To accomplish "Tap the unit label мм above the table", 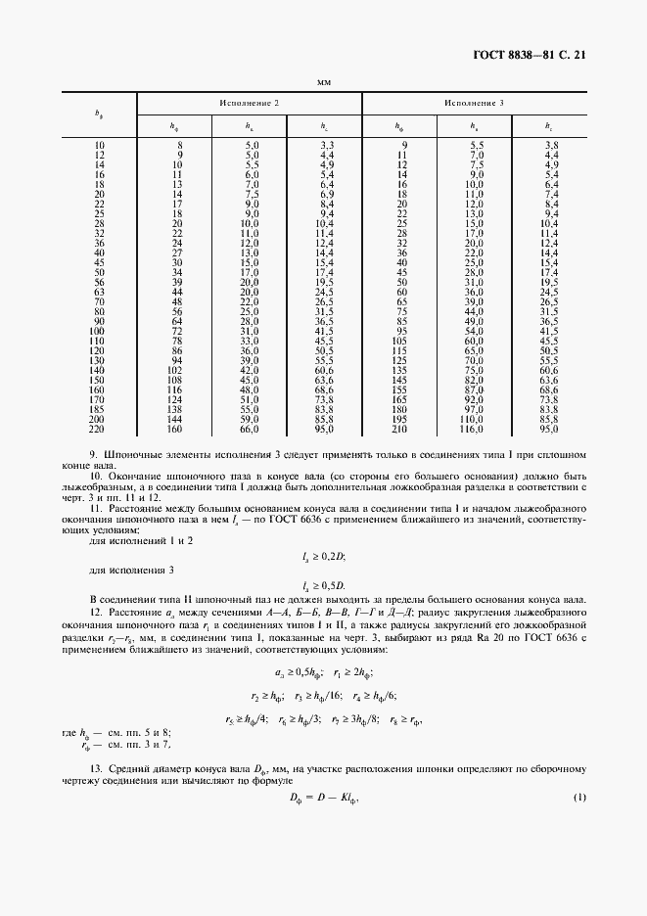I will pyautogui.click(x=323, y=81).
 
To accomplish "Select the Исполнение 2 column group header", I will pyautogui.click(x=249, y=103).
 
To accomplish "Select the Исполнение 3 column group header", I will pyautogui.click(x=474, y=103).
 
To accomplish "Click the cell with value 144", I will pyautogui.click(x=175, y=419).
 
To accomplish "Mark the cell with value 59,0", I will pyautogui.click(x=251, y=419).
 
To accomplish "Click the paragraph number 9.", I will pyautogui.click(x=94, y=456).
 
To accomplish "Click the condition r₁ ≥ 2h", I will pyautogui.click(x=351, y=672).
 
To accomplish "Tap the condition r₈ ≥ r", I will pyautogui.click(x=398, y=719).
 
